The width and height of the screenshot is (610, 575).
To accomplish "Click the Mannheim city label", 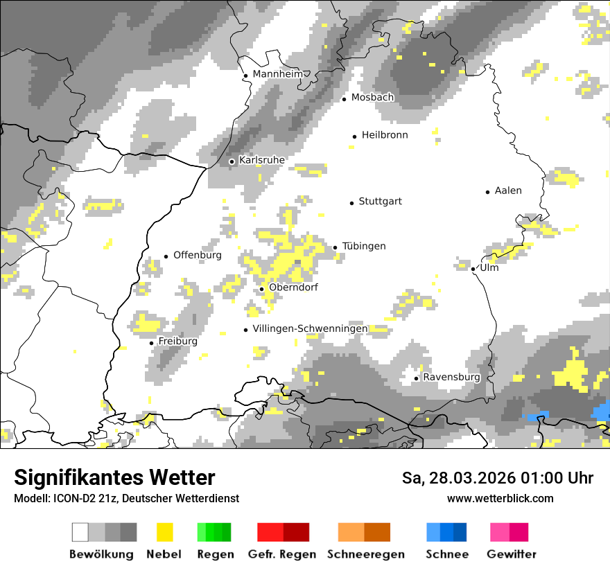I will pyautogui.click(x=278, y=74).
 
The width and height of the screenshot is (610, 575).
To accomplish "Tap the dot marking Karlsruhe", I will pyautogui.click(x=232, y=161).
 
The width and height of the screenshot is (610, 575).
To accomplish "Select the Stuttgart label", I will pyautogui.click(x=380, y=202).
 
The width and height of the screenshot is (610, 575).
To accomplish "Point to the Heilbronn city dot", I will pyautogui.click(x=354, y=136).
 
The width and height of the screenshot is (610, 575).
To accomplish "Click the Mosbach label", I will pyautogui.click(x=372, y=98).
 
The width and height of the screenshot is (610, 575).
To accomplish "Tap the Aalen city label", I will pyautogui.click(x=508, y=191).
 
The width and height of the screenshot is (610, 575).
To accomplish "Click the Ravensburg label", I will pyautogui.click(x=451, y=377).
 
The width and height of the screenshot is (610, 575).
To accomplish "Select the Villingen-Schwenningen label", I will pyautogui.click(x=310, y=328).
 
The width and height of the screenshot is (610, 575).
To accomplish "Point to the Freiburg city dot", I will pyautogui.click(x=152, y=343).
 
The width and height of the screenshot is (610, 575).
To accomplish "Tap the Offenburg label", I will pyautogui.click(x=198, y=255).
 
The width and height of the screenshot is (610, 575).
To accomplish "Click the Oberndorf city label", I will pyautogui.click(x=293, y=287).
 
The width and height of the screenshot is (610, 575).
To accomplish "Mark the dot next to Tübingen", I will pyautogui.click(x=335, y=247).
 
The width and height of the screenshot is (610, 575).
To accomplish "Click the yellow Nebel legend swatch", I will pyautogui.click(x=164, y=532).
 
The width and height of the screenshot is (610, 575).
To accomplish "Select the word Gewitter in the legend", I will pyautogui.click(x=511, y=554).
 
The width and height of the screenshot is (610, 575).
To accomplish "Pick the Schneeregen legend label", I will pyautogui.click(x=365, y=554).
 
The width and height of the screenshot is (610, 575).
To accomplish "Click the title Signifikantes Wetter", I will pyautogui.click(x=114, y=477).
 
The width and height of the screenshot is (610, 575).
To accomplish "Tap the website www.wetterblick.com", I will pyautogui.click(x=500, y=498).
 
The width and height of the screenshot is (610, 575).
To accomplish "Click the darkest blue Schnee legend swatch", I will pyautogui.click(x=460, y=532).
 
